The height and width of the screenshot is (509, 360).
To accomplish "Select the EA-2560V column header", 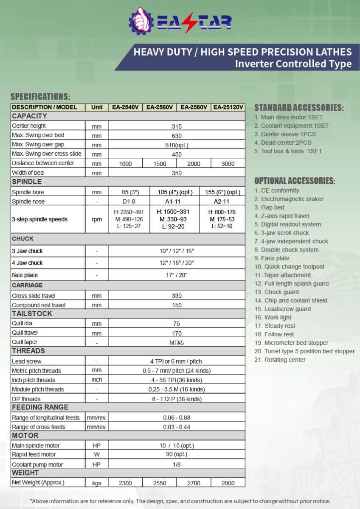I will click(160, 107).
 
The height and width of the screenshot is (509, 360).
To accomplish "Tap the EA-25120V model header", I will click(228, 107).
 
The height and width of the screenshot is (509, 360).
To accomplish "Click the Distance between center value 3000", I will click(228, 164).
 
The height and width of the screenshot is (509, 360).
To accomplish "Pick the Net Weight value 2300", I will click(125, 483).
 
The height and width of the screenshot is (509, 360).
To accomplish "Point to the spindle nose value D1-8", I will click(125, 201).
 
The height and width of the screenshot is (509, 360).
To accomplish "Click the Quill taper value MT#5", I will click(177, 342).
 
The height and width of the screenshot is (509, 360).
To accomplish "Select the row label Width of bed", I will click(28, 173).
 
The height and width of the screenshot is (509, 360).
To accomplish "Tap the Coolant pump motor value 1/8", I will click(177, 464).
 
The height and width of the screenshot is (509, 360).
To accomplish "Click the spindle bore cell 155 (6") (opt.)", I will click(222, 192).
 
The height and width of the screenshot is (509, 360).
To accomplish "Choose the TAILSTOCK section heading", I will click(32, 314).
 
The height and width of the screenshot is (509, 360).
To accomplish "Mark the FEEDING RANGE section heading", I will click(40, 408).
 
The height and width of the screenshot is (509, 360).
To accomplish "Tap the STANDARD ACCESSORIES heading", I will click(299, 108).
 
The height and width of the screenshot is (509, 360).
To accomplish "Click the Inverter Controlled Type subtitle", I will click(293, 64).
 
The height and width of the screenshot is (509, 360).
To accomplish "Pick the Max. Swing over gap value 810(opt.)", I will click(177, 145).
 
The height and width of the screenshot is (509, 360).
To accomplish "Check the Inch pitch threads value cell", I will click(177, 380).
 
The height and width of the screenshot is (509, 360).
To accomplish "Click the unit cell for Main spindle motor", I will click(97, 446).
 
